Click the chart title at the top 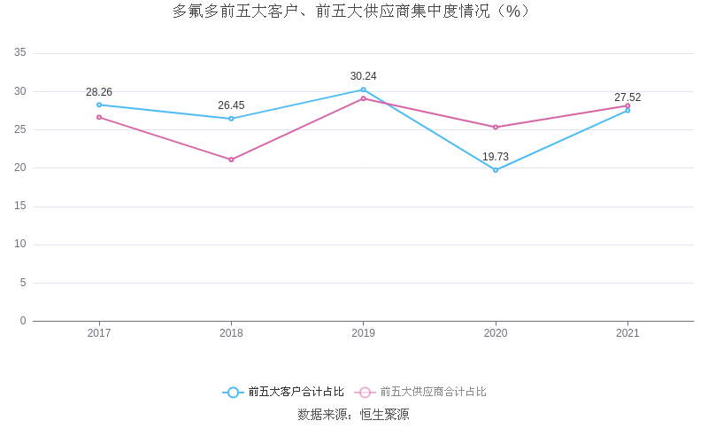[x=353, y=12]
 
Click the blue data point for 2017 [x=99, y=105]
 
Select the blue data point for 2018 [x=231, y=119]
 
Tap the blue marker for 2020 [x=496, y=170]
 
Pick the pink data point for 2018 [x=231, y=160]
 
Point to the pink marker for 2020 [x=496, y=127]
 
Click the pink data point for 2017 [x=99, y=117]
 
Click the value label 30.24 [x=363, y=76]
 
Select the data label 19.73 [x=496, y=157]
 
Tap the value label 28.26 [x=99, y=92]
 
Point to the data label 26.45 [x=231, y=105]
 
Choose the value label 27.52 [x=627, y=97]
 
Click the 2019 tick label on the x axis [x=363, y=333]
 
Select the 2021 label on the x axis [x=627, y=333]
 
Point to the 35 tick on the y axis [x=20, y=53]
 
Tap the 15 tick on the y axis [x=20, y=206]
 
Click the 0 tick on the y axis [x=23, y=321]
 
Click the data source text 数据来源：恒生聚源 [x=353, y=414]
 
